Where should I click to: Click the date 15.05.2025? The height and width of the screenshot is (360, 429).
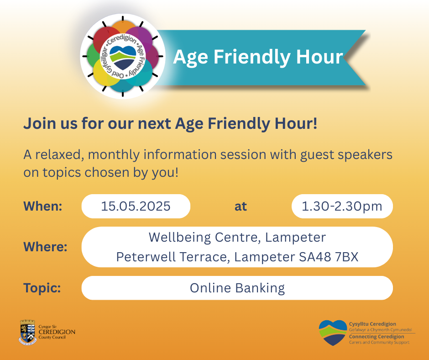pos(136,206)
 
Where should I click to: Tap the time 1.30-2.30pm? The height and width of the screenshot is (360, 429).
pos(342,206)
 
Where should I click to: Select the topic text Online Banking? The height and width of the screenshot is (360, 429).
pos(237,288)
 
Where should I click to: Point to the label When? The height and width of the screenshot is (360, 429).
pos(43,206)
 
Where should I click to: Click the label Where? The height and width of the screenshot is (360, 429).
pos(46,247)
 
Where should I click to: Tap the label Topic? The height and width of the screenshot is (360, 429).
pos(42,288)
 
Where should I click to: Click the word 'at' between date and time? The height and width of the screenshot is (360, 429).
pos(241,206)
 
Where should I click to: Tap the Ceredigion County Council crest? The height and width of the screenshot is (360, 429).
pos(28,332)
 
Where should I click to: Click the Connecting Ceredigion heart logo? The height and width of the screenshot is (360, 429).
pos(333,333)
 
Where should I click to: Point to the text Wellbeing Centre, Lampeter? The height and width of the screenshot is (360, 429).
pos(237,237)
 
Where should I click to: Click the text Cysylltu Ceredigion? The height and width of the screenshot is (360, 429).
pos(372,324)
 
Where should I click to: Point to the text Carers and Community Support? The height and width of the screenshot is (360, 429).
pos(379,342)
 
